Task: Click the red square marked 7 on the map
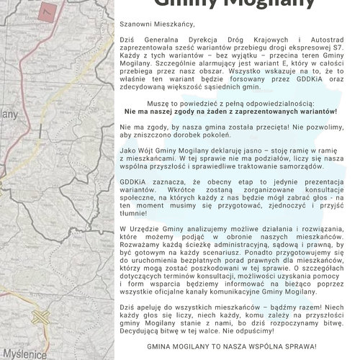48,11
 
